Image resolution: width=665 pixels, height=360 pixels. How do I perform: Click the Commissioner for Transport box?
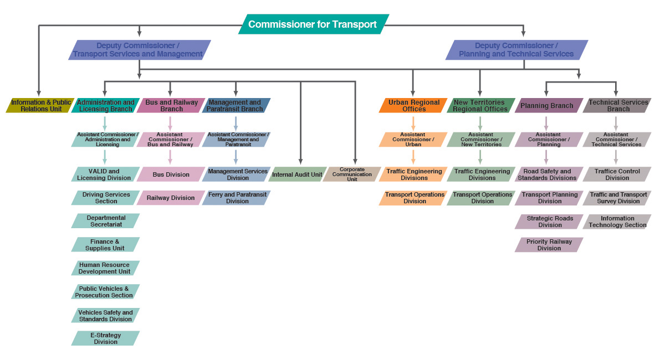click(313, 24)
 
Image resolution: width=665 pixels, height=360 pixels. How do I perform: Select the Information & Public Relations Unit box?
click(40, 105)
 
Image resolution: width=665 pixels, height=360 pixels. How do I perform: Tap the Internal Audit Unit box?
click(297, 174)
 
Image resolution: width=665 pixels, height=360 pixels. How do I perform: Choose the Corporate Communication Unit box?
click(352, 174)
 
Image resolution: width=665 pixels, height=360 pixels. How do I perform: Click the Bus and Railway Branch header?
click(171, 105)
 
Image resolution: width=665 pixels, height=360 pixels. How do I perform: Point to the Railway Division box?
click(171, 198)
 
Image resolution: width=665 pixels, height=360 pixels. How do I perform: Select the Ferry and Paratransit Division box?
click(237, 198)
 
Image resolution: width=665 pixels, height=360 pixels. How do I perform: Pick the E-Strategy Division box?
click(105, 338)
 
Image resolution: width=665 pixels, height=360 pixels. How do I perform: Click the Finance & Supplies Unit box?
click(105, 245)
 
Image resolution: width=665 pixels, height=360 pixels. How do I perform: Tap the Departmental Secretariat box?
click(105, 221)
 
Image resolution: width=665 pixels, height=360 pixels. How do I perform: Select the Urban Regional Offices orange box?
click(413, 105)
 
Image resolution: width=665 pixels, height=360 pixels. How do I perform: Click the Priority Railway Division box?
click(549, 245)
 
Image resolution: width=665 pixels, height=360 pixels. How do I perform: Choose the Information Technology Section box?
click(617, 222)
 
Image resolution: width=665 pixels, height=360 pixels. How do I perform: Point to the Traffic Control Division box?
click(617, 174)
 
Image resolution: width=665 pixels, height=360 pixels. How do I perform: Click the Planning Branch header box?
click(548, 105)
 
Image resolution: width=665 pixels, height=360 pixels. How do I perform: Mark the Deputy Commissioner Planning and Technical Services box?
click(516, 50)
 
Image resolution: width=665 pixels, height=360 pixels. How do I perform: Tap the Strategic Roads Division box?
click(549, 222)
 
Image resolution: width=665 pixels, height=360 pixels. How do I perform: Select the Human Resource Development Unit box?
click(105, 268)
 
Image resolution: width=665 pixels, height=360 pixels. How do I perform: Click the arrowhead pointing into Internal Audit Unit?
click(300, 162)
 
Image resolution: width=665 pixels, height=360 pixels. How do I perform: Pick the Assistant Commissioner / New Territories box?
click(481, 139)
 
